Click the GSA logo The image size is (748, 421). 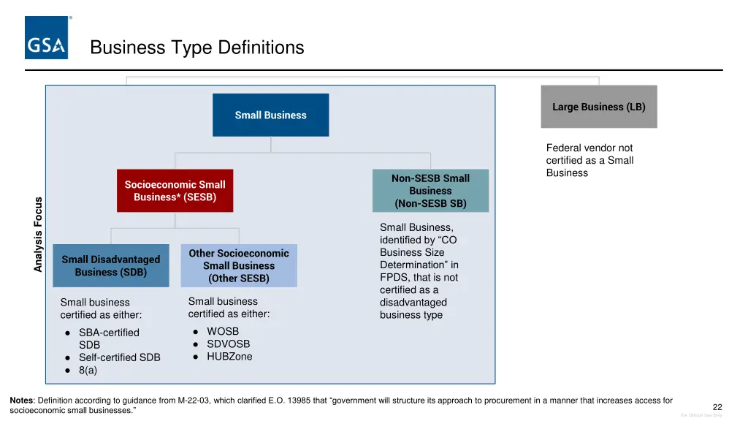[x=47, y=38]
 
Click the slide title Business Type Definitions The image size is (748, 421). [x=196, y=48]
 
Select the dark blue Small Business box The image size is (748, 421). [x=270, y=115]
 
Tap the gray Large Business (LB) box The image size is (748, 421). [x=598, y=107]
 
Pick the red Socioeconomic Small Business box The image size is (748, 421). [x=175, y=191]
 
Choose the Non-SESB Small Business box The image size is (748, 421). [x=430, y=191]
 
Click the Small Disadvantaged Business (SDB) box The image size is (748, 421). [x=111, y=265]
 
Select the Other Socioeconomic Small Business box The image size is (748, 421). [x=239, y=265]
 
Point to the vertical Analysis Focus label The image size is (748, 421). [x=39, y=235]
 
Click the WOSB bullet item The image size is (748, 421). [x=223, y=331]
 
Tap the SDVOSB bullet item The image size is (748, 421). [x=228, y=344]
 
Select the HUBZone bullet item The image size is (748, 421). [x=229, y=357]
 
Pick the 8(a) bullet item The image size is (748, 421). [x=88, y=370]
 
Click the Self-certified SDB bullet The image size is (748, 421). [x=119, y=357]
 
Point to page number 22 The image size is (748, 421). [x=717, y=407]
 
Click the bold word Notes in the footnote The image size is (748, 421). [x=20, y=401]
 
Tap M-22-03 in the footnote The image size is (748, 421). [x=194, y=401]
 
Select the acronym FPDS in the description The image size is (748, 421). [x=395, y=277]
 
